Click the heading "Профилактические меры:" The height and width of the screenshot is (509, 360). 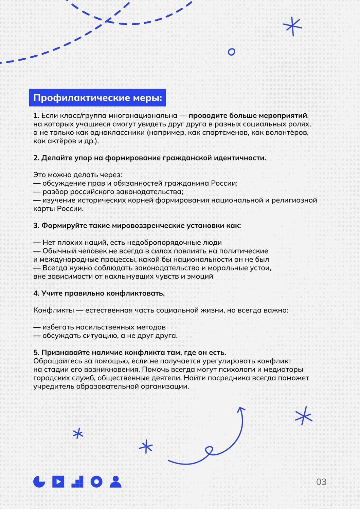click(x=97, y=98)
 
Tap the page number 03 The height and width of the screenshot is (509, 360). click(x=321, y=482)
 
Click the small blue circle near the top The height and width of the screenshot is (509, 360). click(x=232, y=52)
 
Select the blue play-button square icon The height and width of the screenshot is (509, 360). click(x=58, y=482)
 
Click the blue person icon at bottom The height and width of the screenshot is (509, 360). click(x=116, y=482)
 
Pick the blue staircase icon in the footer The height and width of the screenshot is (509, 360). click(x=78, y=482)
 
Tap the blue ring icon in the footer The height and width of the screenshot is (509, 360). click(x=96, y=482)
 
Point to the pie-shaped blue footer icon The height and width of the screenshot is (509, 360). click(x=39, y=482)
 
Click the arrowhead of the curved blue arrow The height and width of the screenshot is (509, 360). click(x=241, y=410)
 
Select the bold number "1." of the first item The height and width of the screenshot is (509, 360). click(x=36, y=116)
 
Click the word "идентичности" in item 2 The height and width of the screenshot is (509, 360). click(x=239, y=158)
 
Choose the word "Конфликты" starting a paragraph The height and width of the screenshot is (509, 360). click(x=54, y=310)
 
